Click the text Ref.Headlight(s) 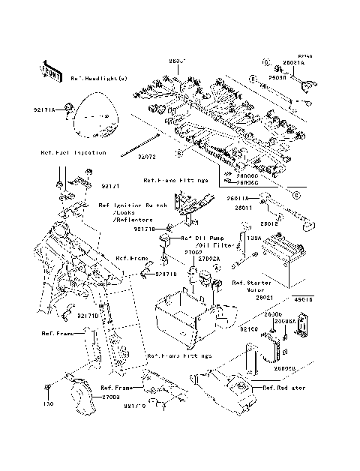coord(100,77)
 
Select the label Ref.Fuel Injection coord(73,152)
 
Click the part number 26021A coord(293,64)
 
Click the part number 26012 coord(269,223)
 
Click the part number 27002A coord(197,259)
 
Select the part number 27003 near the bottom coord(110,395)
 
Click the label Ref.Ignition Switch coord(133,204)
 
